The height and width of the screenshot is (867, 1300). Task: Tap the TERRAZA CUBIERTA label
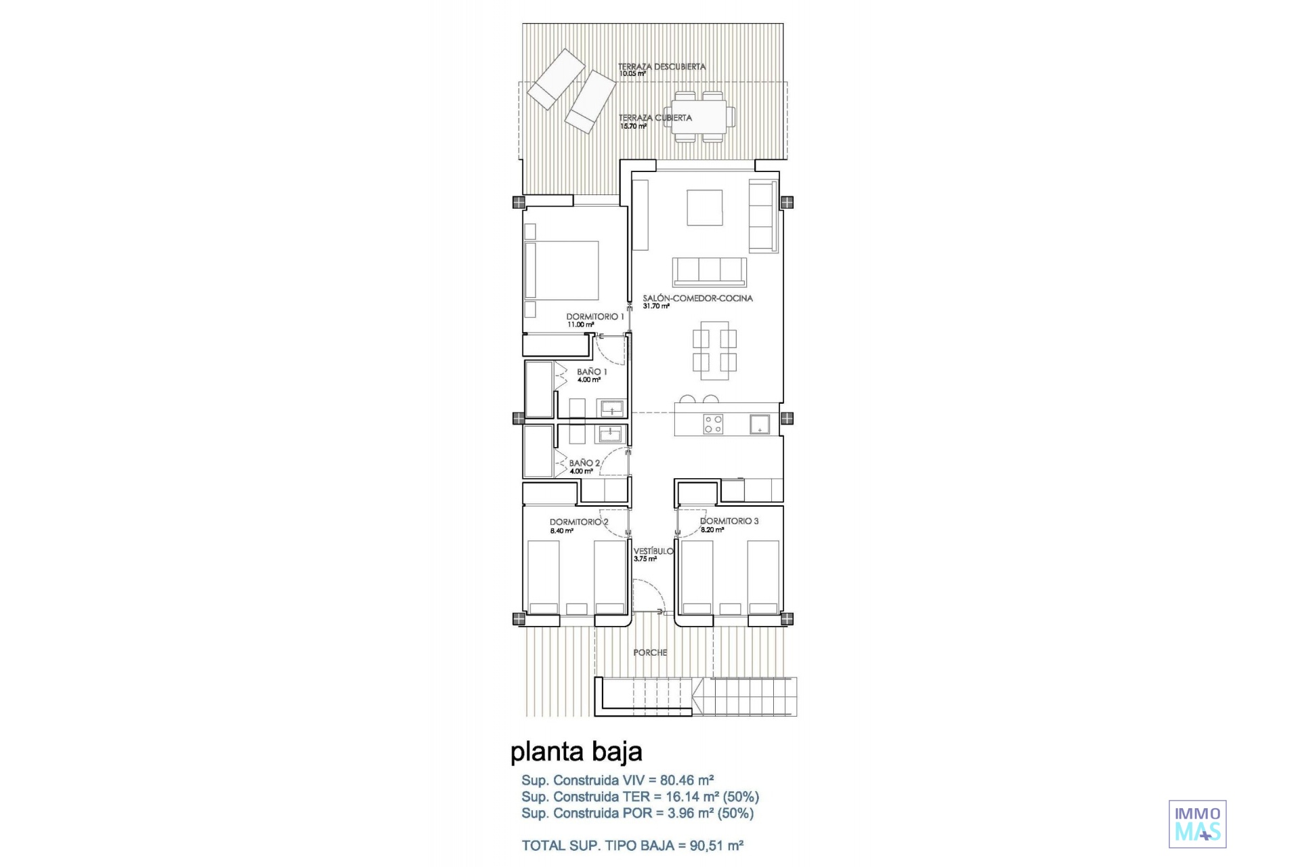tap(655, 118)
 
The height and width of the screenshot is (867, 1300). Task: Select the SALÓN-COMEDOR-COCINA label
tap(697, 298)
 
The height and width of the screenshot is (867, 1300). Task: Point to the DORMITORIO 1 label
tap(595, 316)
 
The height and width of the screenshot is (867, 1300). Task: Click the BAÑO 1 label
tap(592, 372)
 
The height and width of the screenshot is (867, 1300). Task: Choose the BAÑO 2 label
tap(584, 463)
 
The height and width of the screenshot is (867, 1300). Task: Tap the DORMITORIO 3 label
tap(729, 521)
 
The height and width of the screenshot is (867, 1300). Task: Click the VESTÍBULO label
tap(653, 551)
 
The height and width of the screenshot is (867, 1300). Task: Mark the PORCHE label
tap(650, 652)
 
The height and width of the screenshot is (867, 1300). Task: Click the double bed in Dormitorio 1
tap(562, 270)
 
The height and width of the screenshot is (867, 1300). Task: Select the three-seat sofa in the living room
tap(710, 272)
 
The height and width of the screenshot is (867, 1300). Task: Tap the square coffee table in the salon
tap(705, 207)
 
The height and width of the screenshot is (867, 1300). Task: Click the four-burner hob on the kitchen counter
tap(713, 424)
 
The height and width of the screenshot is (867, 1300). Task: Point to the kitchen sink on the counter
tap(759, 425)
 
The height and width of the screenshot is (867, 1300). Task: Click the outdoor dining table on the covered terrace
tap(699, 117)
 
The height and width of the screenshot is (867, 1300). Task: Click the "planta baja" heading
tap(576, 752)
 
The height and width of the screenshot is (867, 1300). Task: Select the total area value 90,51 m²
tap(717, 845)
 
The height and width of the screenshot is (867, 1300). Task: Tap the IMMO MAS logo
tap(1198, 824)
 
